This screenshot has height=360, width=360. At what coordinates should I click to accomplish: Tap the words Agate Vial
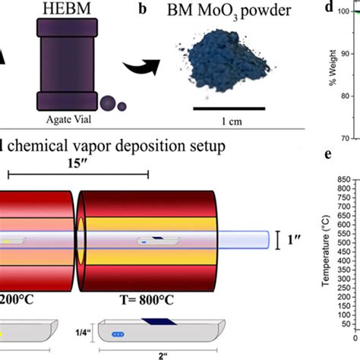[x=63, y=118]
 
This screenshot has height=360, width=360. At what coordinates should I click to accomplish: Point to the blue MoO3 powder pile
[x=219, y=66]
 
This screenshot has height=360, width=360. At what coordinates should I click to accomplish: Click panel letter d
[x=329, y=9]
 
